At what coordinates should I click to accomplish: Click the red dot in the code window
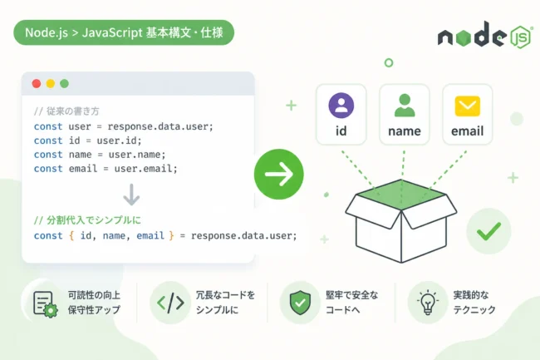[x=37, y=83]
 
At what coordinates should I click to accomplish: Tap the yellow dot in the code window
[x=51, y=83]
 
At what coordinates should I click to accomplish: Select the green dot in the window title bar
[x=65, y=83]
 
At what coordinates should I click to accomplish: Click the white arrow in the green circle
[x=279, y=174]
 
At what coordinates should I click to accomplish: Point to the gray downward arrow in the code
[x=131, y=195]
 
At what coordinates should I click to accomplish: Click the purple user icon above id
[x=341, y=106]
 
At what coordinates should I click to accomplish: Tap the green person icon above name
[x=405, y=106]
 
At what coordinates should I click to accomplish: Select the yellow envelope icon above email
[x=468, y=106]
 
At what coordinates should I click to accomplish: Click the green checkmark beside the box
[x=488, y=231]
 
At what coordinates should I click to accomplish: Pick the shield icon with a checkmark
[x=300, y=303]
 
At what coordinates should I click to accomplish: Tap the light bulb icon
[x=427, y=302]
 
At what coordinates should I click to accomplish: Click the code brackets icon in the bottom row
[x=170, y=303]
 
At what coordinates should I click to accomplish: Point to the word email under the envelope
[x=468, y=131]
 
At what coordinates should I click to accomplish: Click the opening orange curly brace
[x=71, y=235]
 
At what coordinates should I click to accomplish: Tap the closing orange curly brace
[x=171, y=235]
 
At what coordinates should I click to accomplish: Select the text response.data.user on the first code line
[x=159, y=126]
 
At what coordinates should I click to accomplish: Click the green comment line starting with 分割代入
[x=87, y=220]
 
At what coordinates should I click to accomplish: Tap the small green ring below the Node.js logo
[x=389, y=62]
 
